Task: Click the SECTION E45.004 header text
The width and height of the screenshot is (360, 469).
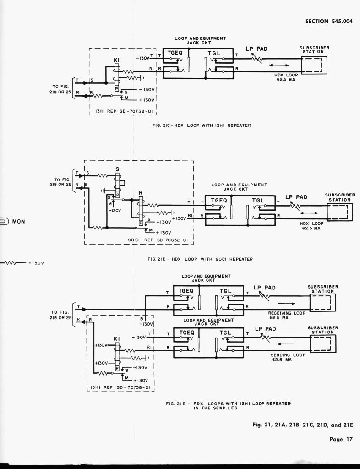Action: pyautogui.click(x=329, y=21)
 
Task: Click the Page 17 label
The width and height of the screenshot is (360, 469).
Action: pyautogui.click(x=341, y=439)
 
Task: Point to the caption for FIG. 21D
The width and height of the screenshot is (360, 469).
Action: pyautogui.click(x=200, y=259)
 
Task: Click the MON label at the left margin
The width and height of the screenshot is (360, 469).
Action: pyautogui.click(x=19, y=222)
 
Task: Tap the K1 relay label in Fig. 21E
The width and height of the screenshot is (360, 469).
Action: pyautogui.click(x=116, y=339)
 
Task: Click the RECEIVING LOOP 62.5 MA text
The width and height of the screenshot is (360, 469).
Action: pyautogui.click(x=287, y=315)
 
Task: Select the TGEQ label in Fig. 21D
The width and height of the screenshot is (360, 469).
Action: pyautogui.click(x=219, y=201)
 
